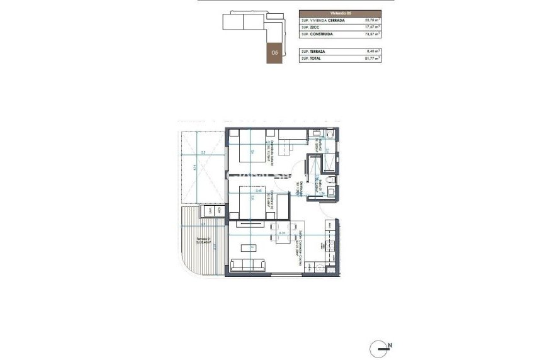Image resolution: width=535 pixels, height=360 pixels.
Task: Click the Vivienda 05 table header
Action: (339, 13)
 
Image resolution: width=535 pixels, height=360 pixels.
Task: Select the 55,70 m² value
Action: (371, 21)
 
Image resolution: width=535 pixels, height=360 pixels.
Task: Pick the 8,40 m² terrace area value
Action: (372, 51)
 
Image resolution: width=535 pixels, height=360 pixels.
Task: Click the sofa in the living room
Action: (247, 265)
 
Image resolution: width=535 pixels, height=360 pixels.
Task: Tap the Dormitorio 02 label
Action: (269, 198)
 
